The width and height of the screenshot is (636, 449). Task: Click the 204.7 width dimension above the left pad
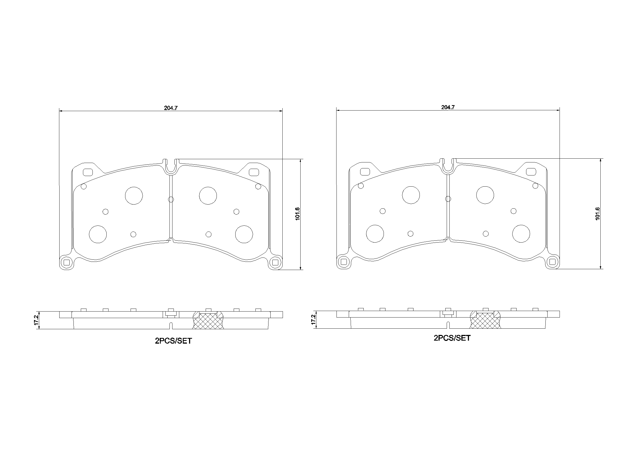(171, 108)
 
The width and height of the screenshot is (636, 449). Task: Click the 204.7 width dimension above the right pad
(448, 107)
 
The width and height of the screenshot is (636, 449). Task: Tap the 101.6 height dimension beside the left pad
(298, 213)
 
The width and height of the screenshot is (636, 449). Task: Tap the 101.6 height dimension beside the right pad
(597, 213)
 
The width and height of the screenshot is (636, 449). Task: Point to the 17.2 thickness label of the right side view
(313, 319)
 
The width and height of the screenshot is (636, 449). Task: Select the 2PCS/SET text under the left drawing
(173, 341)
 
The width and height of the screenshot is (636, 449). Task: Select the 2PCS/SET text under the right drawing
(452, 338)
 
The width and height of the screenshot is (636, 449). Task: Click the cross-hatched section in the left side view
(208, 321)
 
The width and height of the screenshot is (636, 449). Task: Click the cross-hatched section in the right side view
(485, 321)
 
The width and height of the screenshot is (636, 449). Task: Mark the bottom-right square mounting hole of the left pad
(275, 262)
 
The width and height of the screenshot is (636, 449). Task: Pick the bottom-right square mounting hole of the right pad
(552, 261)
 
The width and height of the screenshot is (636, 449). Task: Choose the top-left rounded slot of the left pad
(88, 172)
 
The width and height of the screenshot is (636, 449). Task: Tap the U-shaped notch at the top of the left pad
(171, 167)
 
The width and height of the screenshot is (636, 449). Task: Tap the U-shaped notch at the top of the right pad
(448, 166)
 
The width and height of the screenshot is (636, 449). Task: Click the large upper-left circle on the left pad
(134, 196)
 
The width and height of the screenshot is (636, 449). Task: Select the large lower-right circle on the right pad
(521, 234)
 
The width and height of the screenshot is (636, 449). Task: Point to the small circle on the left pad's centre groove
(171, 199)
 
